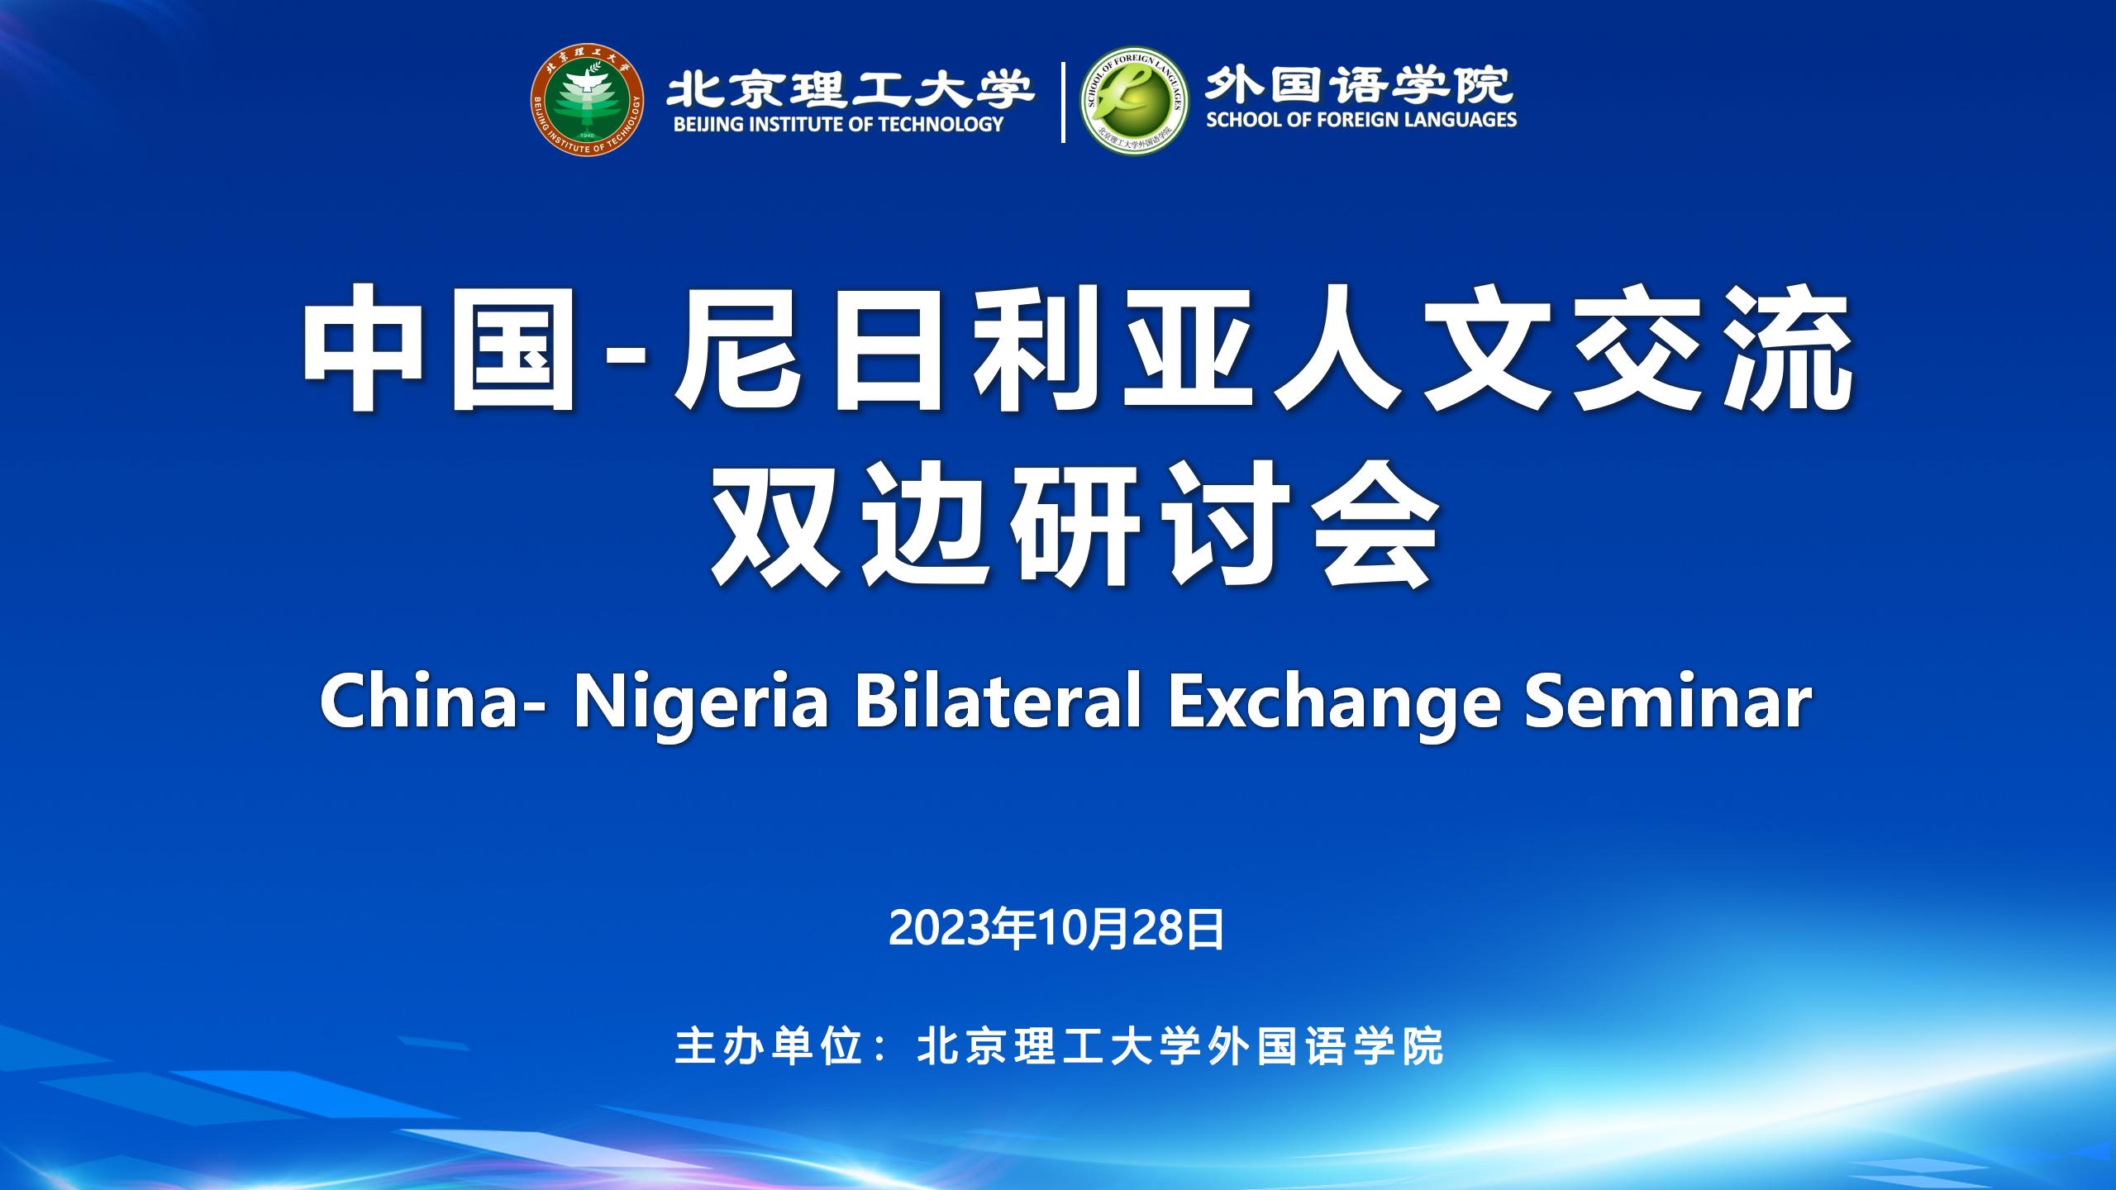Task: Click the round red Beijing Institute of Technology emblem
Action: tap(587, 102)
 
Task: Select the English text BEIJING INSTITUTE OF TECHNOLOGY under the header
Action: tap(838, 125)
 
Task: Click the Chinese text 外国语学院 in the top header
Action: tap(1359, 83)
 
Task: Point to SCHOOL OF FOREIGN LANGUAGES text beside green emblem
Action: tap(1361, 120)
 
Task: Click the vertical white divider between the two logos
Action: tap(1063, 102)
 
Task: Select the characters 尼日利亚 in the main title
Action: tap(955, 347)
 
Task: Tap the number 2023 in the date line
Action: tap(940, 930)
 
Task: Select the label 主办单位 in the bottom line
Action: tap(766, 1047)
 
